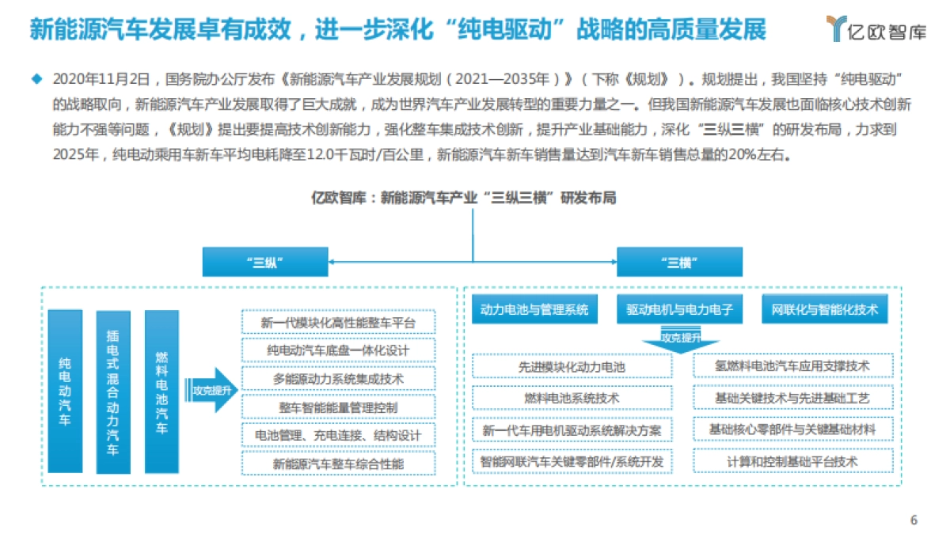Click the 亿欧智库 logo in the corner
pos(875,29)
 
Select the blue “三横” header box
pos(679,263)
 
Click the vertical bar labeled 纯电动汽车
pos(65,391)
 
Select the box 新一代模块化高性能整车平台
pos(338,323)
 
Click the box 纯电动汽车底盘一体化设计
pos(338,350)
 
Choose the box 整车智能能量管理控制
pos(338,407)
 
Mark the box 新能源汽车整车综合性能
pos(338,464)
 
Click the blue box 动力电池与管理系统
pos(534,310)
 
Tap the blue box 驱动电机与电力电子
pos(679,310)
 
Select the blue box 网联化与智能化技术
pos(824,310)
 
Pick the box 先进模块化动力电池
pos(572,366)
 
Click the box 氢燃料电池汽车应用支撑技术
pos(792,365)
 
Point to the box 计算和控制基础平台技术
pos(792,460)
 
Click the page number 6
pos(914,520)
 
